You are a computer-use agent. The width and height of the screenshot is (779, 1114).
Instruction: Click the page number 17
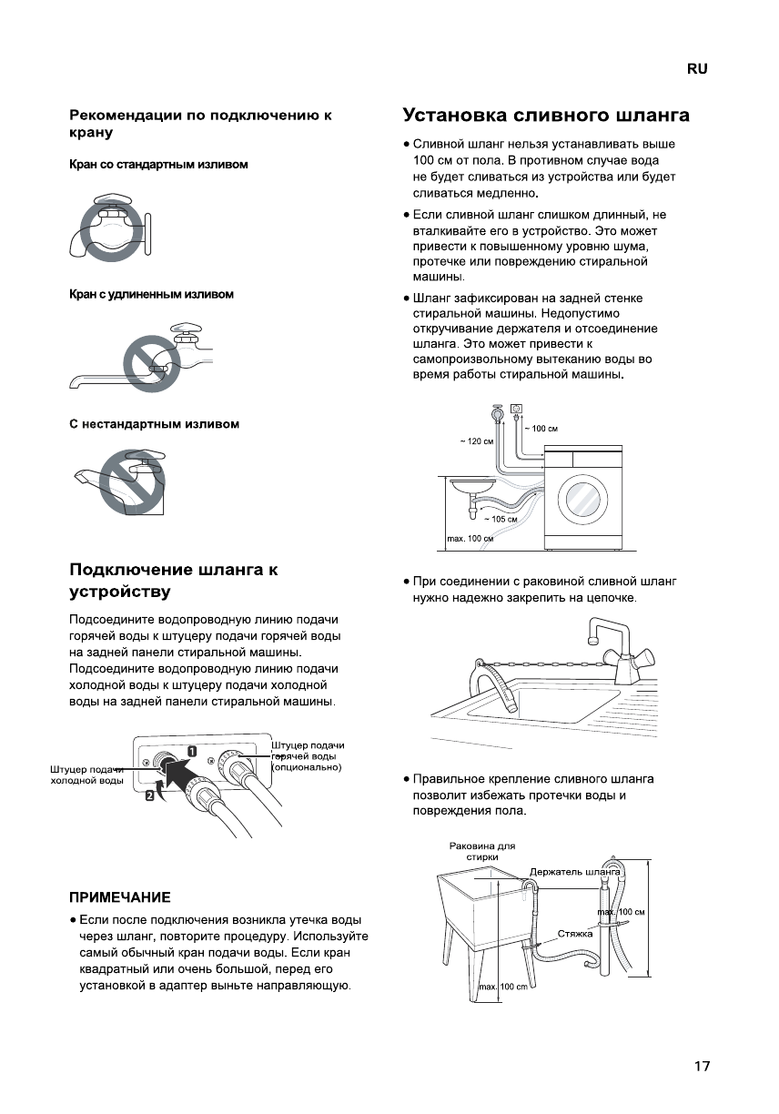pyautogui.click(x=701, y=1067)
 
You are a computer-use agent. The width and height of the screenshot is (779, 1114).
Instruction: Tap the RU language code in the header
pyautogui.click(x=697, y=69)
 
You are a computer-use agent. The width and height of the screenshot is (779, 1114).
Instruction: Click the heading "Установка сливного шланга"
pyautogui.click(x=546, y=116)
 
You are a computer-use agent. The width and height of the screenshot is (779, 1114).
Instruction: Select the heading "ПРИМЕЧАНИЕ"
pyautogui.click(x=120, y=897)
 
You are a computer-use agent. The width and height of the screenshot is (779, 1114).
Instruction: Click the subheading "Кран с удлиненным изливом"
pyautogui.click(x=152, y=295)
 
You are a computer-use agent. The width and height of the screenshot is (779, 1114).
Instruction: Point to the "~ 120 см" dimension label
pyautogui.click(x=476, y=441)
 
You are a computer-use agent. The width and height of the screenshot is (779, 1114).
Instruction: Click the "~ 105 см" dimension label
pyautogui.click(x=501, y=519)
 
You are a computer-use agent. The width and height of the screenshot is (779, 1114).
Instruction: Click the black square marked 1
pyautogui.click(x=192, y=751)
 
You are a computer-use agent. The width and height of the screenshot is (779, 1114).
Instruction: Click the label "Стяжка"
pyautogui.click(x=575, y=934)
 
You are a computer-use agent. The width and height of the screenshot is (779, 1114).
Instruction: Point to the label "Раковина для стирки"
pyautogui.click(x=481, y=851)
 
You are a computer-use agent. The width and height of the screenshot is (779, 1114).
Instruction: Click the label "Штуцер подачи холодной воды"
pyautogui.click(x=86, y=775)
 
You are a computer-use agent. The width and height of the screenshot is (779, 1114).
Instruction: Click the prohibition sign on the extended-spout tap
pyautogui.click(x=150, y=361)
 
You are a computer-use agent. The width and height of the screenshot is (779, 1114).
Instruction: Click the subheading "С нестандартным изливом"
pyautogui.click(x=155, y=424)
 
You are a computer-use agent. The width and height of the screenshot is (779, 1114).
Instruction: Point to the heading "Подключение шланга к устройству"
pyautogui.click(x=174, y=581)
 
